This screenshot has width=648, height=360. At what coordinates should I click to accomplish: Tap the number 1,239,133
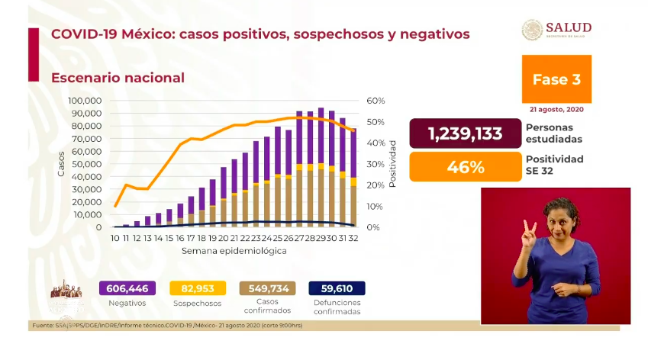pyautogui.click(x=466, y=133)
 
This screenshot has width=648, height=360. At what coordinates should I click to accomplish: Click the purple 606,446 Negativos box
pyautogui.click(x=127, y=288)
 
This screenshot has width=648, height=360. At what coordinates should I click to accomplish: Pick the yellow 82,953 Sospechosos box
pyautogui.click(x=198, y=288)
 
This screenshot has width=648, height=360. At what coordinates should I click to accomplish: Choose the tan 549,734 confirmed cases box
pyautogui.click(x=267, y=288)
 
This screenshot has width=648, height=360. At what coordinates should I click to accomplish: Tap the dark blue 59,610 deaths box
pyautogui.click(x=337, y=288)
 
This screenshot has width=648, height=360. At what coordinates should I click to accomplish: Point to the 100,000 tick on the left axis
pyautogui.click(x=85, y=101)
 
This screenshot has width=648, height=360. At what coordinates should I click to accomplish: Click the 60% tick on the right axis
pyautogui.click(x=376, y=101)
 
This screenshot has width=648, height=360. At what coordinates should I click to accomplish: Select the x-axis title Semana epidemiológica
pyautogui.click(x=234, y=251)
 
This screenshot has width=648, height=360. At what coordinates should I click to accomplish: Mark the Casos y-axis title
pyautogui.click(x=61, y=163)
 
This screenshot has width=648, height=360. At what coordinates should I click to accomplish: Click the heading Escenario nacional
pyautogui.click(x=118, y=78)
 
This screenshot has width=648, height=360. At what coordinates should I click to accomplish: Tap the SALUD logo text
pyautogui.click(x=568, y=27)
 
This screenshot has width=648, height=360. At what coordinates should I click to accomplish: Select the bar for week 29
pyautogui.click(x=321, y=168)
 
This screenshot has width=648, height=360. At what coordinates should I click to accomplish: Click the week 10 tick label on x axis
pyautogui.click(x=115, y=239)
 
